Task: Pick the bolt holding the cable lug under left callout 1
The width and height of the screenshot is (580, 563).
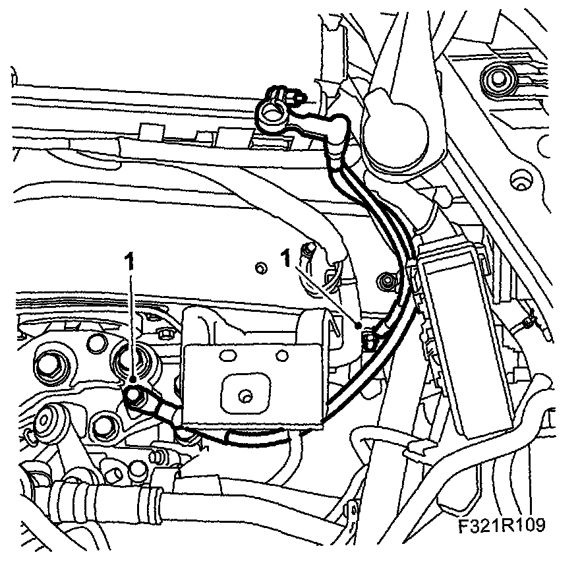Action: coord(136,395)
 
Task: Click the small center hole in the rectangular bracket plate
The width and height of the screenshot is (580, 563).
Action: coord(245,396)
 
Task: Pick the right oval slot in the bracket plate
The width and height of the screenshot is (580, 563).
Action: coord(281,355)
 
